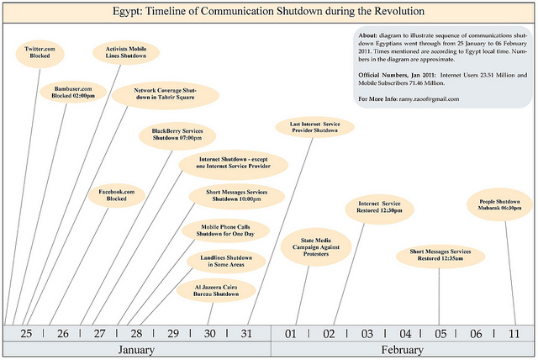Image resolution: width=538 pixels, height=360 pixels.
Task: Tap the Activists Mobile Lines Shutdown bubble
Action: (x=121, y=54)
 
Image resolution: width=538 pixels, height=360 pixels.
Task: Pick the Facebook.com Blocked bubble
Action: (x=117, y=198)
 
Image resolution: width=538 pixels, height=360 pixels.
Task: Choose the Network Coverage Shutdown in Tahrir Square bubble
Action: (x=166, y=96)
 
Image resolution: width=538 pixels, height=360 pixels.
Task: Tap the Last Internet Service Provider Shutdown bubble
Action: (x=315, y=127)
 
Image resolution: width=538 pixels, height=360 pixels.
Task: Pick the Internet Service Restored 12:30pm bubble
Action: (x=380, y=206)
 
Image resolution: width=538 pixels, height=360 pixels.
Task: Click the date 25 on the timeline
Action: (x=26, y=334)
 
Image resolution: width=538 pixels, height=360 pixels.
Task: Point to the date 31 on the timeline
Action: (x=247, y=334)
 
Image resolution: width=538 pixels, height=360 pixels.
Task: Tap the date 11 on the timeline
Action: (x=512, y=334)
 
